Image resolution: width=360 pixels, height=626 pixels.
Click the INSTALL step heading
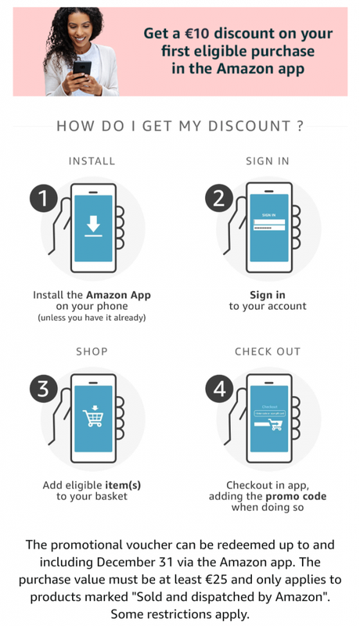[92, 161]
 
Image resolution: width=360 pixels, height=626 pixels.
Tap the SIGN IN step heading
[268, 161]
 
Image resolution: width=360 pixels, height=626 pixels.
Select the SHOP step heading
[92, 351]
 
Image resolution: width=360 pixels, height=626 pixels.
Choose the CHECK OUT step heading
[268, 351]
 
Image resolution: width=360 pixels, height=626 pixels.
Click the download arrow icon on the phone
[93, 226]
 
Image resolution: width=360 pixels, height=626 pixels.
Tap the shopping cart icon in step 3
[93, 416]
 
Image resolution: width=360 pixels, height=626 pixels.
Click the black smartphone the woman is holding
[82, 69]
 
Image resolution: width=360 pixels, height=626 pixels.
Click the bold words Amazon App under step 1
[118, 296]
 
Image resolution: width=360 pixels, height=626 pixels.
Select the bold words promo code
[296, 496]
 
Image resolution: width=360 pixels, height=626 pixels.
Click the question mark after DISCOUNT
[301, 126]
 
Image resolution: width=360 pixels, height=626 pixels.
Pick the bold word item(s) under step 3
[123, 485]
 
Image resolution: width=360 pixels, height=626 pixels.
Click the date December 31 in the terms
[135, 562]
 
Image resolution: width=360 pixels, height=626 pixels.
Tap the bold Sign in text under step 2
[268, 295]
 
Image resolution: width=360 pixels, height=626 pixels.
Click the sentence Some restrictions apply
[180, 613]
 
